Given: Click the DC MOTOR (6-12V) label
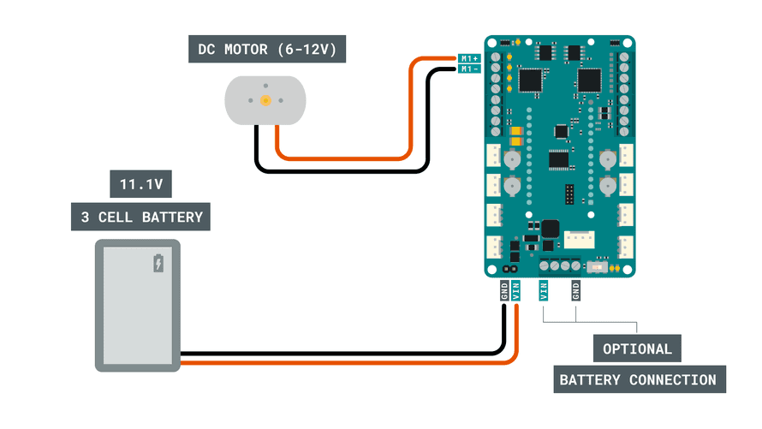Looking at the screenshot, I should point(266,49).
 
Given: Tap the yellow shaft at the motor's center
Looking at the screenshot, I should point(265,100).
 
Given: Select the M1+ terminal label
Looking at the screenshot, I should point(468,58).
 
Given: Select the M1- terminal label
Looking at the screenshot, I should point(468,69).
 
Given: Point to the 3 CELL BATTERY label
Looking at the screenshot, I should point(140,217).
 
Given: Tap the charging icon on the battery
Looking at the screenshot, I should point(158,264).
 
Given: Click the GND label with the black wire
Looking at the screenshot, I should point(504,290).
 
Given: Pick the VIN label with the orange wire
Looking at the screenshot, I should point(516,290).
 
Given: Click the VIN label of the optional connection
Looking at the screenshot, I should point(544,290).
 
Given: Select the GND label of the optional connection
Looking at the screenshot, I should point(575,290).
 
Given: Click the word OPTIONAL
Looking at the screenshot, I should point(638,349).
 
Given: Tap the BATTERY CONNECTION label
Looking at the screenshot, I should point(638,379).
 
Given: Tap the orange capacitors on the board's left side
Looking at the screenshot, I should point(516,135).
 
